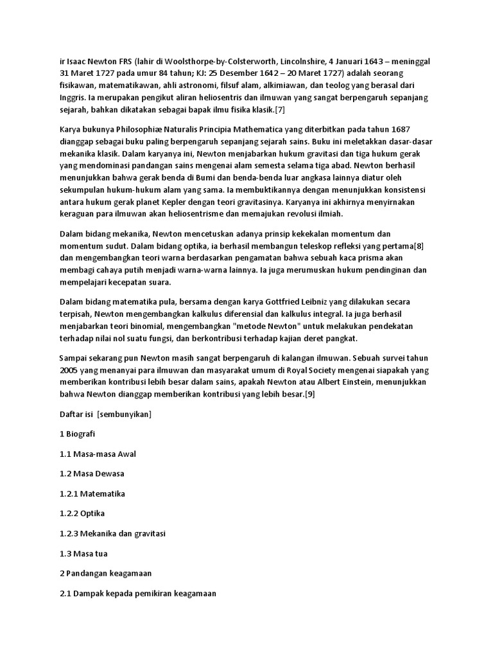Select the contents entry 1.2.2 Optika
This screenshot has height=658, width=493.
click(82, 513)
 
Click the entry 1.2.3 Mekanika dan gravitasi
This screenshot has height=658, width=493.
click(112, 533)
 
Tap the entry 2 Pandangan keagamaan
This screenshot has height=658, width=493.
click(105, 573)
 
